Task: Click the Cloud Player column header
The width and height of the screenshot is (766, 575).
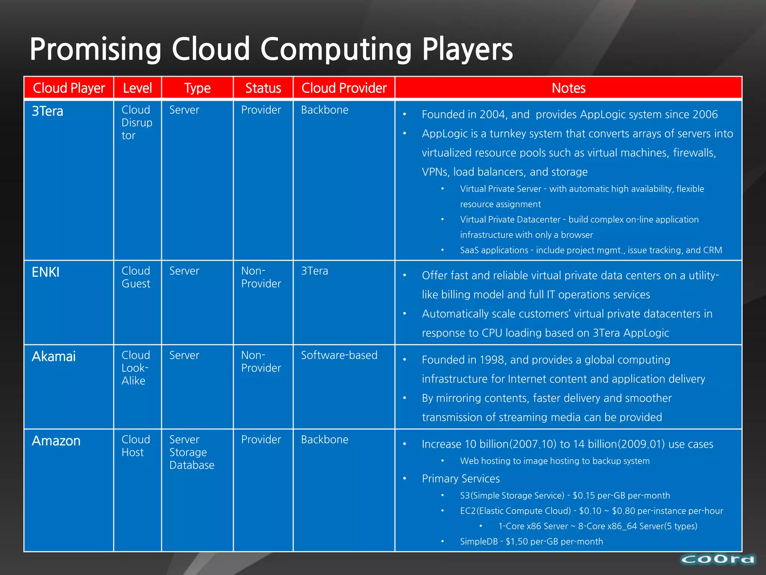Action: (x=69, y=88)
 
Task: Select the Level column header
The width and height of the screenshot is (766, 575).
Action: (x=137, y=88)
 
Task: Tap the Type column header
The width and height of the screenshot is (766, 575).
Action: (x=197, y=88)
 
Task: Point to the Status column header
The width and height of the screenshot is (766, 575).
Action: (x=263, y=88)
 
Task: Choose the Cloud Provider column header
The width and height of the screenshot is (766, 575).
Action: (x=344, y=88)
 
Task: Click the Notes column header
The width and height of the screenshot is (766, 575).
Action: (x=568, y=88)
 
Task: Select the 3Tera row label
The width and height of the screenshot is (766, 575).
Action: (x=48, y=112)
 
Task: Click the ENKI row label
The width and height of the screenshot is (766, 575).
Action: (x=46, y=273)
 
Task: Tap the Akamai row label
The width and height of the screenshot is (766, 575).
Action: (x=54, y=357)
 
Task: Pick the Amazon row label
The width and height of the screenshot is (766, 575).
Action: (x=56, y=441)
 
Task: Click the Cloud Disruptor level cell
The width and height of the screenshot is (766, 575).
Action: (x=137, y=123)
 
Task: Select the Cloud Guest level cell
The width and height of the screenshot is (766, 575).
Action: (x=136, y=277)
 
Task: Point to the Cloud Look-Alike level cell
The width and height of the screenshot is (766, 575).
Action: (x=135, y=368)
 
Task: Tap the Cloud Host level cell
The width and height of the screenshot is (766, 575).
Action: (x=135, y=446)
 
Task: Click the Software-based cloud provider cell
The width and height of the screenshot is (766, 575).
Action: (x=339, y=355)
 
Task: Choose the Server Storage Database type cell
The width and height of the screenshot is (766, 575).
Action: (x=191, y=452)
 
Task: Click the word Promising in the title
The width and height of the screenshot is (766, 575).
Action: (x=95, y=49)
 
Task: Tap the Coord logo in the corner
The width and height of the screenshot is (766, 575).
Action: (x=718, y=559)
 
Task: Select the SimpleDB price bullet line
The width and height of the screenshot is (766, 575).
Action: (x=531, y=542)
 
